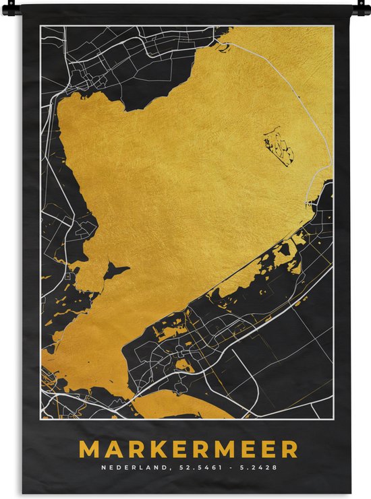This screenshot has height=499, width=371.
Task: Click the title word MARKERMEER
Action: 188,449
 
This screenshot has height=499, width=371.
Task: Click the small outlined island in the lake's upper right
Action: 279,145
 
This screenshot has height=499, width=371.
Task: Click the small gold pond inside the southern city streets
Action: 183,366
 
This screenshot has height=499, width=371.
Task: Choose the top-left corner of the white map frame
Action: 40,27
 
